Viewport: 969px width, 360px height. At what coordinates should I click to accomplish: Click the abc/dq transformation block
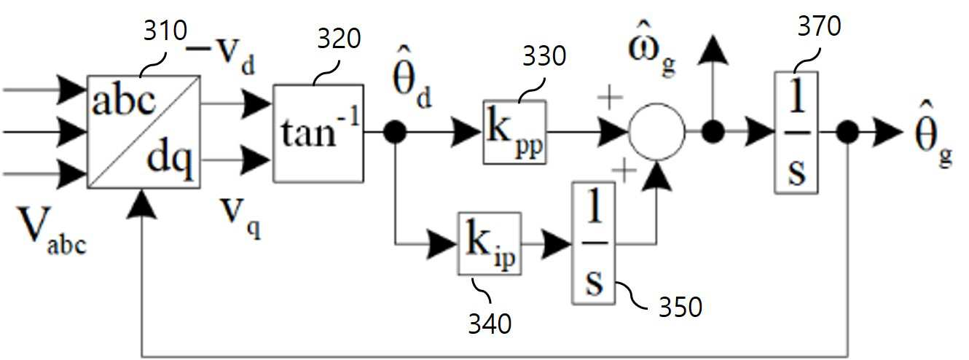(x=143, y=132)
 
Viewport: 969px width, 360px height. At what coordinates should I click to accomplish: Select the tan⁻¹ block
(x=318, y=133)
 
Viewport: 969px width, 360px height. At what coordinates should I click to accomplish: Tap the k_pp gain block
(x=514, y=132)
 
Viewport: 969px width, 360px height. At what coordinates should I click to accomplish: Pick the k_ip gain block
(x=490, y=243)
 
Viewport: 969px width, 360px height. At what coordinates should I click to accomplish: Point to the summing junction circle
(x=656, y=132)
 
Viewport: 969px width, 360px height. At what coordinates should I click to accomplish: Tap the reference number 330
(x=543, y=57)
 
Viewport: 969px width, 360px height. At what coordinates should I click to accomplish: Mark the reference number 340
(x=490, y=321)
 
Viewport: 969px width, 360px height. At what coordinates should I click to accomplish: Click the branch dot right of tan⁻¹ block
(x=394, y=132)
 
